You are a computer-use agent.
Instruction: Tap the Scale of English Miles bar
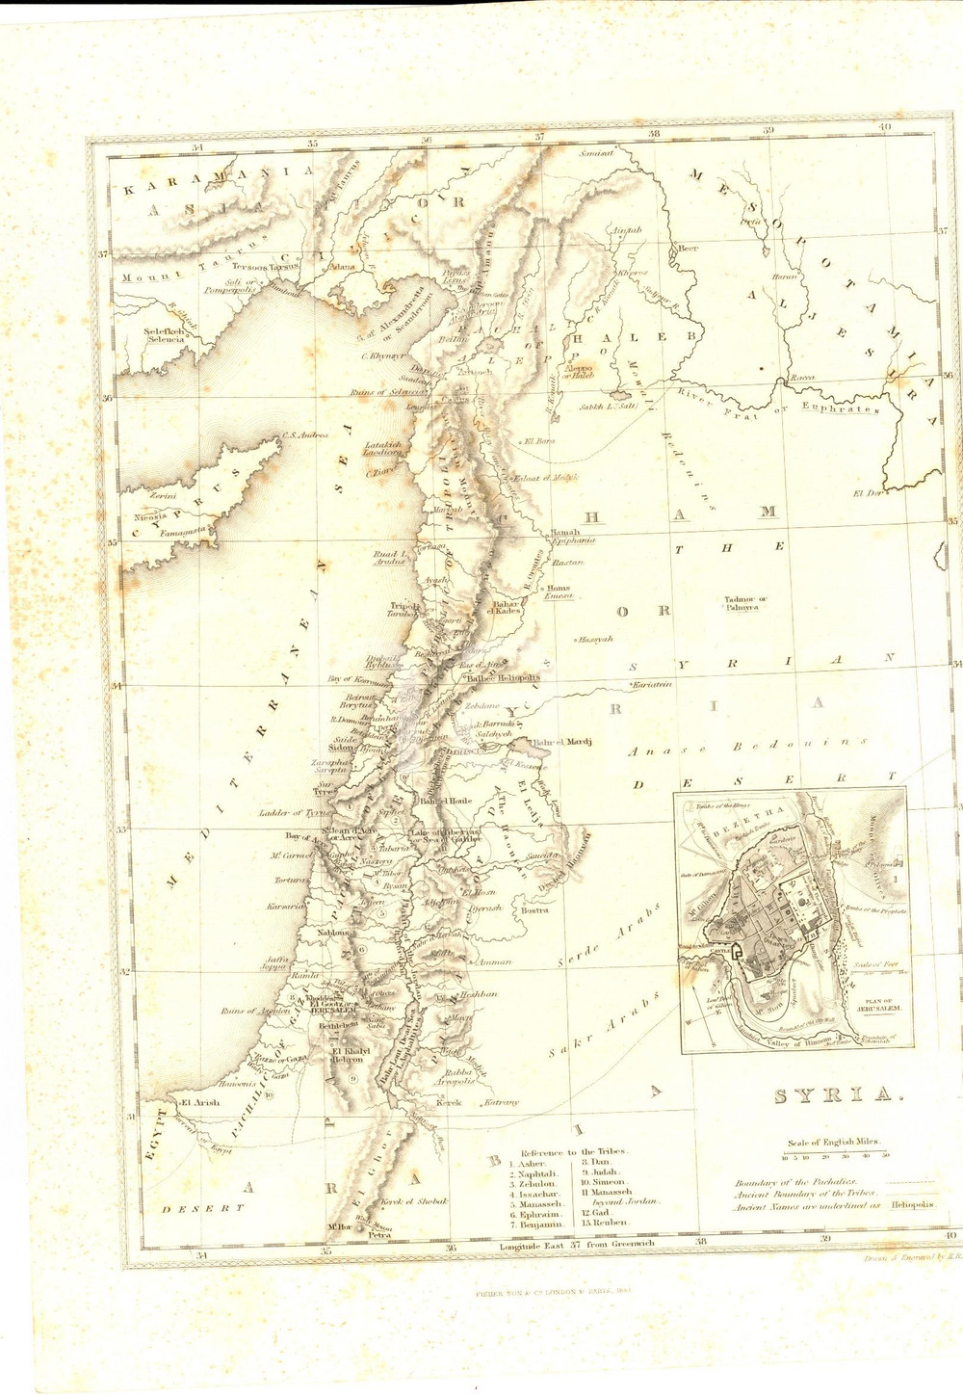(835, 1155)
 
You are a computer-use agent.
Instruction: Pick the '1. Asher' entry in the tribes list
(533, 1164)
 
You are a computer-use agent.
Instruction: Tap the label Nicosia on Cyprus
(151, 516)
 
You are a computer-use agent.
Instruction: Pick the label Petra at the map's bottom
(379, 1235)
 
